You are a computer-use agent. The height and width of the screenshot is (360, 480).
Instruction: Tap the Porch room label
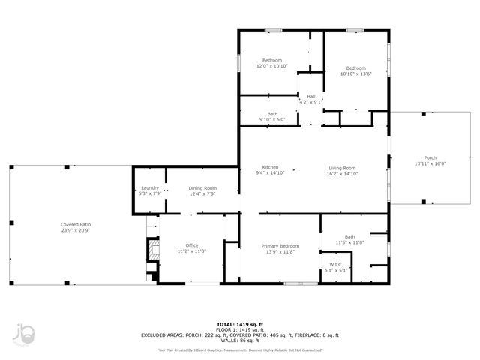430,157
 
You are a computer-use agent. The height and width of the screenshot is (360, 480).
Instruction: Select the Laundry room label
149,188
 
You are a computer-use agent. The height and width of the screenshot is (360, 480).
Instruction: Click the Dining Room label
202,188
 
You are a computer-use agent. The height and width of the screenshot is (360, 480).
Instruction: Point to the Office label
192,246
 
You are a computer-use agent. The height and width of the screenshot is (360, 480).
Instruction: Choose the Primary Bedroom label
280,246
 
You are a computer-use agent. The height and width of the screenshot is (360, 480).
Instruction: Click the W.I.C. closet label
336,265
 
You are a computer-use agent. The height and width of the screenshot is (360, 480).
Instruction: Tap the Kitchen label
271,167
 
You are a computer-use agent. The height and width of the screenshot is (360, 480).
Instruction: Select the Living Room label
341,168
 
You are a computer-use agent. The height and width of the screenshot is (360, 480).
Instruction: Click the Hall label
310,96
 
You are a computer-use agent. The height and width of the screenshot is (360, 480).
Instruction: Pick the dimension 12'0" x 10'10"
271,66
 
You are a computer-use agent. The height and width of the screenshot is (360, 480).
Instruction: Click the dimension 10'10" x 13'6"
355,73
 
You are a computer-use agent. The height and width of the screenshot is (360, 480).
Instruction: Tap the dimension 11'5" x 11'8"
349,242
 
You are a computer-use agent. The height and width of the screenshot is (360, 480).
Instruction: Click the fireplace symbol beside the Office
153,249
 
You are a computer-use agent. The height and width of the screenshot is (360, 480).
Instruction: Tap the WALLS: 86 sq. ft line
239,340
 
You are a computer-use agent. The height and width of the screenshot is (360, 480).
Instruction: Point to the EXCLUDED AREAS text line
239,334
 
